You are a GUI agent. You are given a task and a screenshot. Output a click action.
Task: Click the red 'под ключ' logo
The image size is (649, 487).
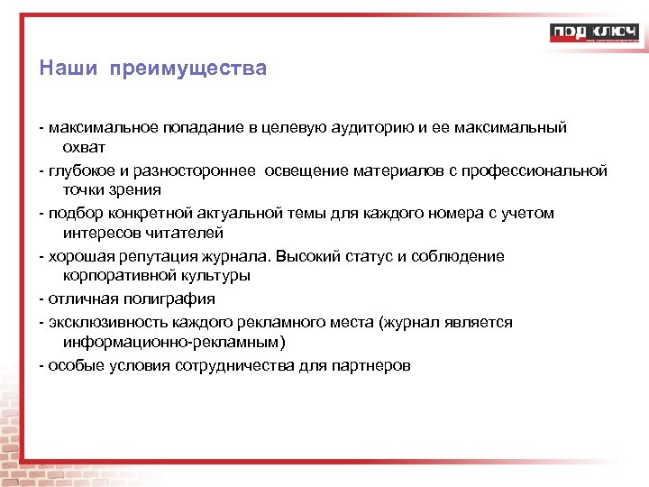pyautogui.click(x=594, y=33)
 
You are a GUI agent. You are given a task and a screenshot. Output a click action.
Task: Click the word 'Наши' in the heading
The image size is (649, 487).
pyautogui.click(x=65, y=69)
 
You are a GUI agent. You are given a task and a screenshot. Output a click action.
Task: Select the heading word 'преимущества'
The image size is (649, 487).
pyautogui.click(x=188, y=69)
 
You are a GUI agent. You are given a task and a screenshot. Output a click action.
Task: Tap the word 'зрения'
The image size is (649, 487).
pyautogui.click(x=135, y=189)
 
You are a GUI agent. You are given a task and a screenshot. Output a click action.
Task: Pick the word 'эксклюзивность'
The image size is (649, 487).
pyautogui.click(x=105, y=323)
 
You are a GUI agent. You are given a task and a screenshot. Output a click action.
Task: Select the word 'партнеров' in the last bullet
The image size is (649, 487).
pyautogui.click(x=370, y=365)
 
